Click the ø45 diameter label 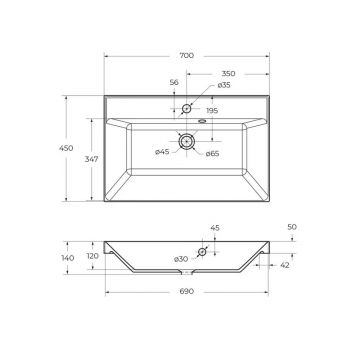162,152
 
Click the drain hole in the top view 186,141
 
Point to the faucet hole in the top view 186,108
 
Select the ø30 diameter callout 181,259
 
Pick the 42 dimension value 285,265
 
